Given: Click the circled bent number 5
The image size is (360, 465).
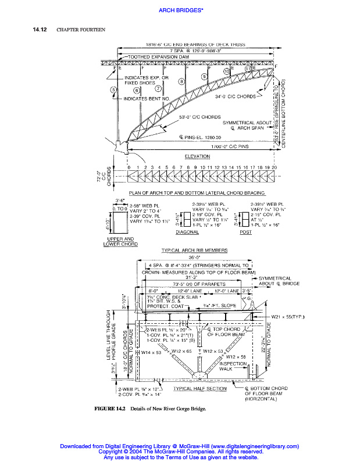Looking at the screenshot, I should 113,90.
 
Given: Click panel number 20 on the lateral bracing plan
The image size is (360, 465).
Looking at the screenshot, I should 273,167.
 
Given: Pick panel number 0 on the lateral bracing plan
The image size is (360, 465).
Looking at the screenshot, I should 129,167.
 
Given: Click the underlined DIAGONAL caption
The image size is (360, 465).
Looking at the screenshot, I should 187,232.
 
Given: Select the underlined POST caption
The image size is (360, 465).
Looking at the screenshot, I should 245,232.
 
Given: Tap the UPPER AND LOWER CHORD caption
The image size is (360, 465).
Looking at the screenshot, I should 120,241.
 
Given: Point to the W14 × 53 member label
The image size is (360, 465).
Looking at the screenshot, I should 151,352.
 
